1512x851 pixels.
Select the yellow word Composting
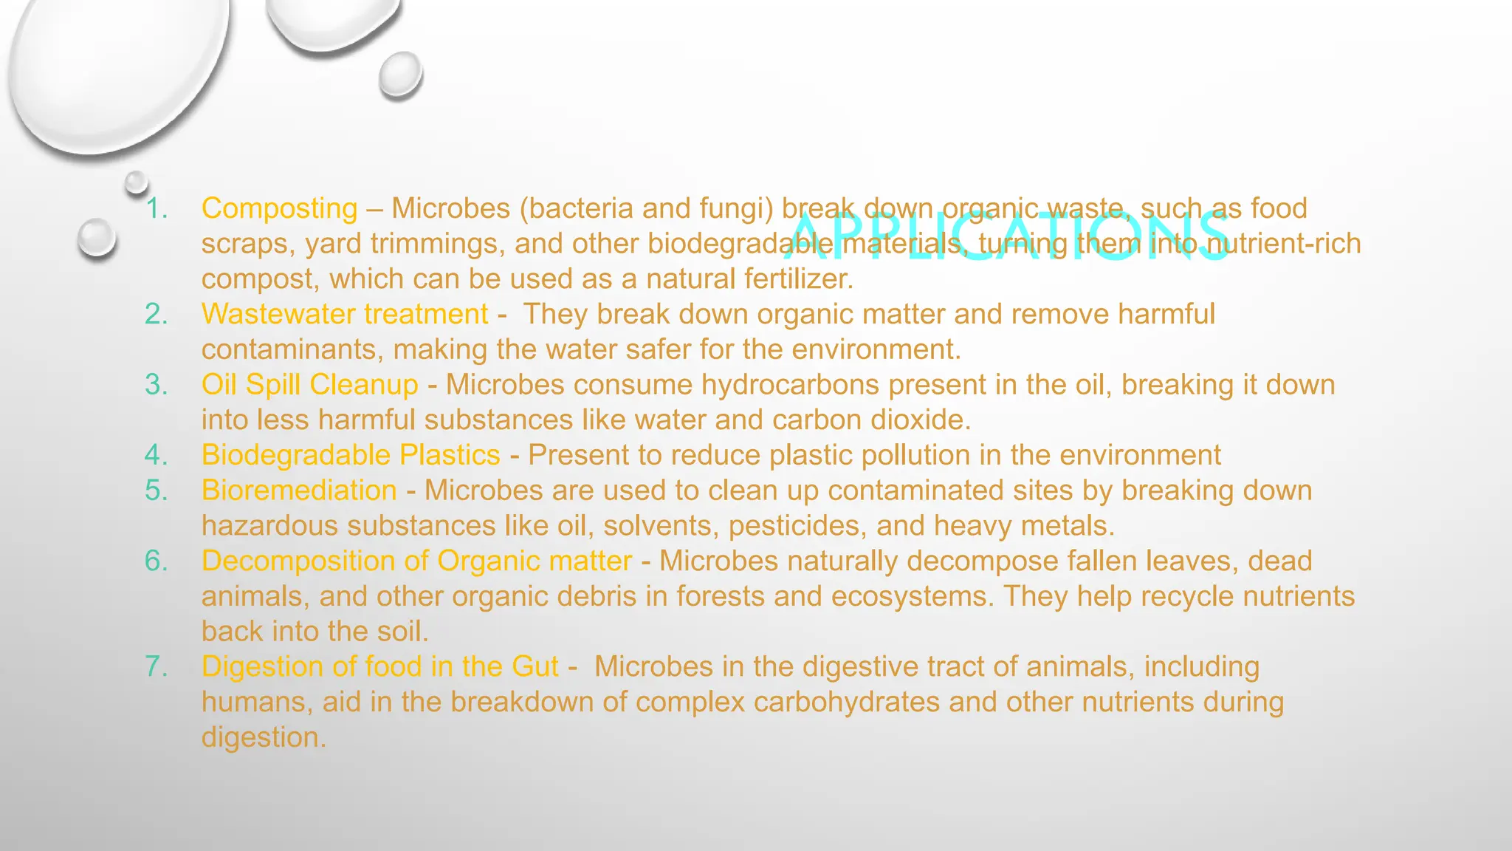click(279, 208)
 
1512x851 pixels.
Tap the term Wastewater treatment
click(344, 314)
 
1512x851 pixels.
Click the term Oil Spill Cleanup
click(309, 385)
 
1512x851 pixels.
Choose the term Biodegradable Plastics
click(351, 455)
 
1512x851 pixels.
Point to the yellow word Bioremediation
click(299, 491)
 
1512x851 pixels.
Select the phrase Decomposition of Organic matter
click(416, 561)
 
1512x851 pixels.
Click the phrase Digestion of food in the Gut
click(379, 666)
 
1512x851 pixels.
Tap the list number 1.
click(157, 208)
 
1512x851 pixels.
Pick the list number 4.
click(157, 455)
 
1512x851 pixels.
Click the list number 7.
click(157, 666)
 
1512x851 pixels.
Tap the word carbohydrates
click(846, 702)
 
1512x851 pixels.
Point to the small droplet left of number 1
click(97, 238)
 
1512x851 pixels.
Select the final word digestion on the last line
click(263, 737)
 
